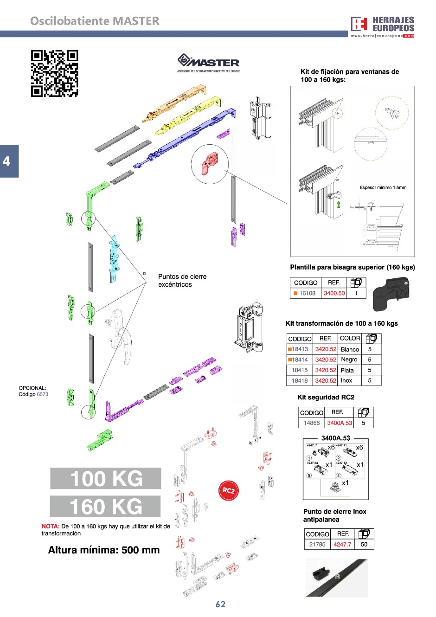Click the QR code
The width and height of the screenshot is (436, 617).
[55, 73]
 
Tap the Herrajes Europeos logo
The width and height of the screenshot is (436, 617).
[382, 26]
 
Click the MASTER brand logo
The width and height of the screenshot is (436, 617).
[208, 63]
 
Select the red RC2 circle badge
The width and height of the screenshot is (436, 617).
[228, 490]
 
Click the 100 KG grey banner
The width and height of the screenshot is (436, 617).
[106, 478]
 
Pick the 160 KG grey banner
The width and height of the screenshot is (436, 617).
[105, 506]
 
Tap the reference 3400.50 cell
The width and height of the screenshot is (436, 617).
[334, 293]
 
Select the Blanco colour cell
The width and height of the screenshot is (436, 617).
[350, 349]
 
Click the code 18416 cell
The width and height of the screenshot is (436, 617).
[300, 380]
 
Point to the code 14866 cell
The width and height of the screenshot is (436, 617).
[311, 423]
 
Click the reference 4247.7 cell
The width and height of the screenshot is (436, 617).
[342, 545]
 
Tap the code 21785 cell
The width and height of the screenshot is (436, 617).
[317, 545]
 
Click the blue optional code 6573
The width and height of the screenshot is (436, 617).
[43, 394]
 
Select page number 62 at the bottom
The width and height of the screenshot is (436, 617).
[220, 604]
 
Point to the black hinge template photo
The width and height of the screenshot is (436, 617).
[392, 294]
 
